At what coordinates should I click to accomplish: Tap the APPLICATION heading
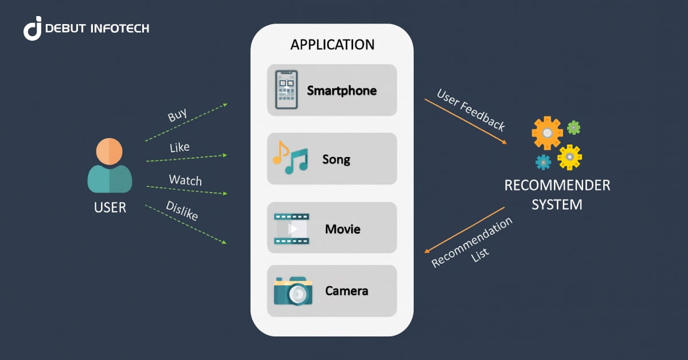(332, 45)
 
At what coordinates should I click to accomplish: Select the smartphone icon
(286, 90)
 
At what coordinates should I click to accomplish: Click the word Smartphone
(342, 91)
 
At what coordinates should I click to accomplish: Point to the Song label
(336, 159)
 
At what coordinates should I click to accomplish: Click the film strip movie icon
(291, 228)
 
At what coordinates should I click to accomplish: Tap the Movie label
(342, 229)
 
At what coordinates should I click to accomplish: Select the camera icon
(292, 291)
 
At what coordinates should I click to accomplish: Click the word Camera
(346, 291)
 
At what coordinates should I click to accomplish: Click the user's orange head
(109, 151)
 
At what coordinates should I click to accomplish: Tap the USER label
(110, 208)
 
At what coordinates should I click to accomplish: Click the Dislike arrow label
(182, 211)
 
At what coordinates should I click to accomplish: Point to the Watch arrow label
(185, 181)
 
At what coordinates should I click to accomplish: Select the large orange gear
(547, 132)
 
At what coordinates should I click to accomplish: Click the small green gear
(573, 127)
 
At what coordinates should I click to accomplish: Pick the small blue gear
(542, 162)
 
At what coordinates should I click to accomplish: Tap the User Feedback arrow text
(471, 110)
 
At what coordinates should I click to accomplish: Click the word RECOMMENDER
(557, 186)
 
